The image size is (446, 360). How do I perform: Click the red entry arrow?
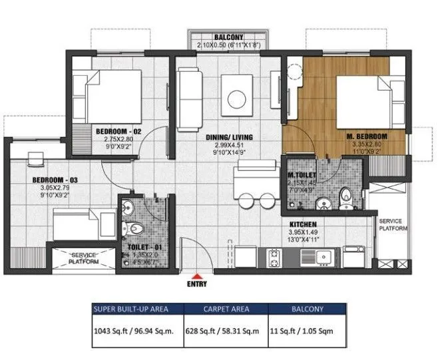196,275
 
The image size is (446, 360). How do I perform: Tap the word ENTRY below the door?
197,284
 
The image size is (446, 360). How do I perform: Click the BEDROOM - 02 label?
119,132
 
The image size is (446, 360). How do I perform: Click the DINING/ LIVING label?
228,138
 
